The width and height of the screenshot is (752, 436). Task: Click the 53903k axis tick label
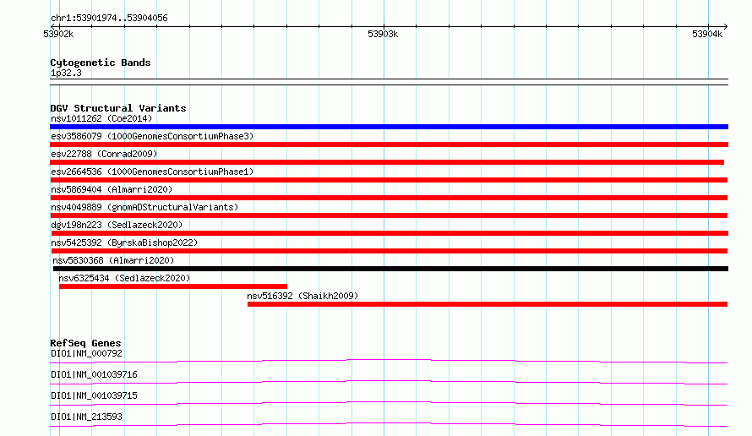383,34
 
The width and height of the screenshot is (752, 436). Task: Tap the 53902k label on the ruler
58,34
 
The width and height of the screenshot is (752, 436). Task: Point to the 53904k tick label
707,34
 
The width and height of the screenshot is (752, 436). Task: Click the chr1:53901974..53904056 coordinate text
109,19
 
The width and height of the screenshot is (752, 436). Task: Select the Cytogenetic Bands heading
101,63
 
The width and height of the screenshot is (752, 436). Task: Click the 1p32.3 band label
66,73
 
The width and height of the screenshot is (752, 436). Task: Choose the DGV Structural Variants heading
118,108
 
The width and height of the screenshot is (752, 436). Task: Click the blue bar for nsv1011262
389,127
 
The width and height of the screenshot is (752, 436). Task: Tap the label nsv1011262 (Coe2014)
101,118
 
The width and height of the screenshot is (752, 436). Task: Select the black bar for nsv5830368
391,269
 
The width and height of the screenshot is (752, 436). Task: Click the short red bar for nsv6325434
173,286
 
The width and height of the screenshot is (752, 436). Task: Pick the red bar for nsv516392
488,304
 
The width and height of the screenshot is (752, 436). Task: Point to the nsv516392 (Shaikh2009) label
302,296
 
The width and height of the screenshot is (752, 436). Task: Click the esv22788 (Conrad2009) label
104,154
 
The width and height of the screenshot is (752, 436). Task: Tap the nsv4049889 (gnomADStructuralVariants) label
144,207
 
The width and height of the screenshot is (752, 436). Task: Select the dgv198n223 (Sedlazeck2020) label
117,225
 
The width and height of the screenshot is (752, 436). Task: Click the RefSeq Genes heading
86,343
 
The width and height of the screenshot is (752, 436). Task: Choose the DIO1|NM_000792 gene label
86,353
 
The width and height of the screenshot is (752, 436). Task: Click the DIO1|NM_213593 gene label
86,417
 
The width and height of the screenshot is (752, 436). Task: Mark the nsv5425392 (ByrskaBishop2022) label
124,243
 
